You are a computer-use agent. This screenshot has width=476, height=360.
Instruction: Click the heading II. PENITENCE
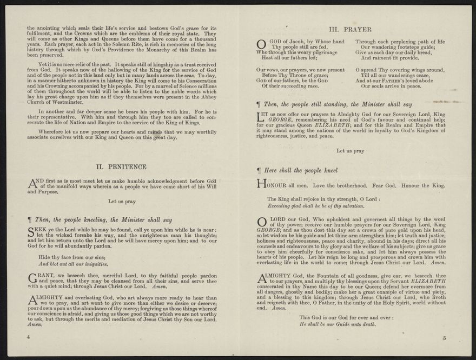point(121,167)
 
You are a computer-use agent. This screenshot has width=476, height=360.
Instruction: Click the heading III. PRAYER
point(350,29)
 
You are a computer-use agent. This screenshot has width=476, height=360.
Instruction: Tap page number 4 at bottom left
point(28,337)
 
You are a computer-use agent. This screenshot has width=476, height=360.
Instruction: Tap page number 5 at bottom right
point(444,339)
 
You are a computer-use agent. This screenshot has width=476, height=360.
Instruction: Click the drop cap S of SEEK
point(31,233)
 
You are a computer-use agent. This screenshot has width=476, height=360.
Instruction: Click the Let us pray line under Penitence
point(122,202)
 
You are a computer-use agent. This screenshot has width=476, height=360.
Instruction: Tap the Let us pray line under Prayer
point(350,151)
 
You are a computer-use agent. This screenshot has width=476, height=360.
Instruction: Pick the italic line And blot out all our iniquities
point(73,264)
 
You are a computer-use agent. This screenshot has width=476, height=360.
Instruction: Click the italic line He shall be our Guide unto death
point(338,324)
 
